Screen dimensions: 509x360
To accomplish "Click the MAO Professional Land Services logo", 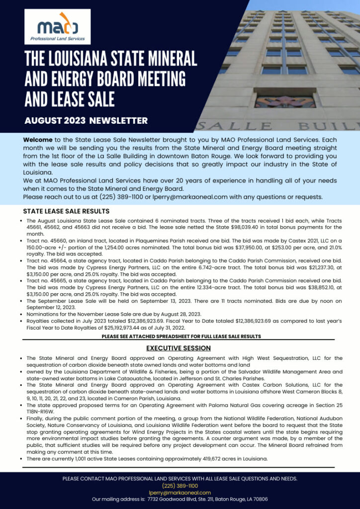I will point(57,26).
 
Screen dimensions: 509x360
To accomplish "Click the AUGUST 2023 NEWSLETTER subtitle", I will point(86,120).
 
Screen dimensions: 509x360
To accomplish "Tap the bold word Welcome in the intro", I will point(38,140).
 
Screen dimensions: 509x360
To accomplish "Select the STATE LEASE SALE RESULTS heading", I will point(66,211).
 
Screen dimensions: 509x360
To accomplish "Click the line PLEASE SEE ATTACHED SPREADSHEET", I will point(181,337).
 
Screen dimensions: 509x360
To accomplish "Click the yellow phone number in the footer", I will point(180,486).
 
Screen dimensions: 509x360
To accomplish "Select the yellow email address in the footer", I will point(180,493).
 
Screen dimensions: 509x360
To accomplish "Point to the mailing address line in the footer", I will point(180,499).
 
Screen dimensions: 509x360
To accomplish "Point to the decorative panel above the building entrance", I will point(284,101).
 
